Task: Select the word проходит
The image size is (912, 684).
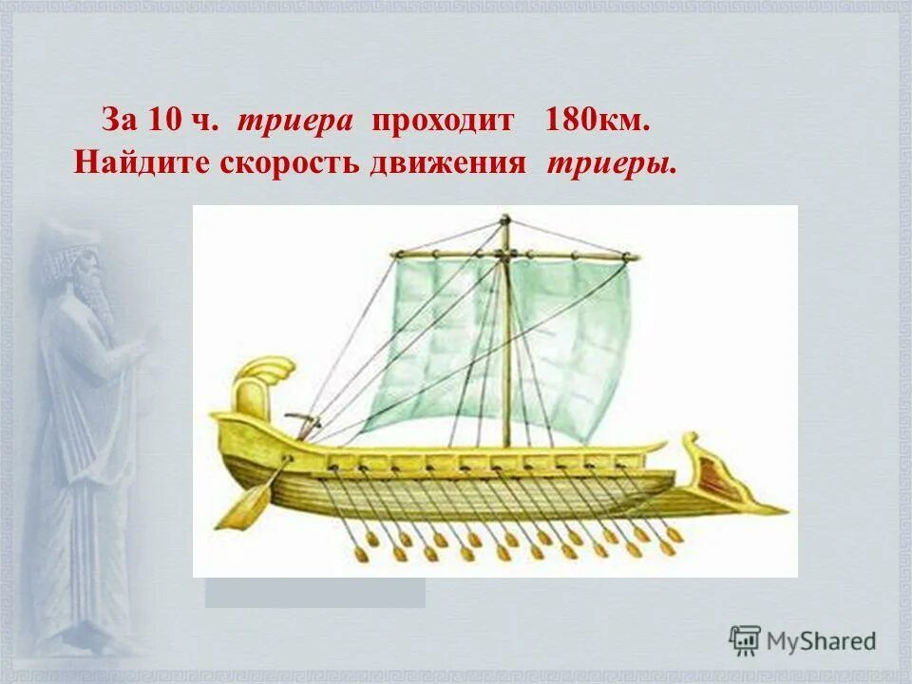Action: point(443,122)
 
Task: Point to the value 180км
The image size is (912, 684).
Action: point(598,122)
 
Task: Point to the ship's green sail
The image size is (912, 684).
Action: point(551,332)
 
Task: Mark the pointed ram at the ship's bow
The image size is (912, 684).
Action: point(769,509)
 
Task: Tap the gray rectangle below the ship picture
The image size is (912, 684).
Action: point(314,592)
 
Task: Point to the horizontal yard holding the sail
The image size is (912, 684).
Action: point(513,255)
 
